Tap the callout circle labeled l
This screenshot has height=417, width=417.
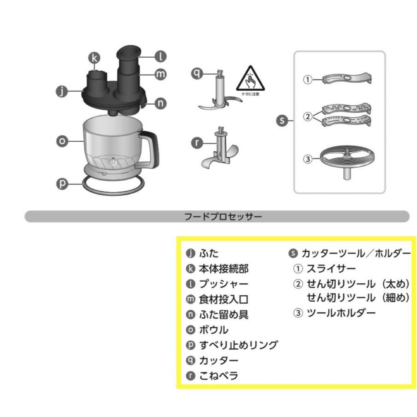tap(161, 57)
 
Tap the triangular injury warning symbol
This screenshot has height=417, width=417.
tap(250, 78)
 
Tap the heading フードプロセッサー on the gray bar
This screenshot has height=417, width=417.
tap(223, 216)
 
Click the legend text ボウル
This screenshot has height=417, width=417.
tap(214, 330)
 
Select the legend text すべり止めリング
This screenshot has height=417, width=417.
tap(238, 345)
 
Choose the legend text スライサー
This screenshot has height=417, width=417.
tap(331, 268)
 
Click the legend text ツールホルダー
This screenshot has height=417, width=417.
tap(341, 313)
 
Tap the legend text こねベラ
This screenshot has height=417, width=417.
tap(219, 375)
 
